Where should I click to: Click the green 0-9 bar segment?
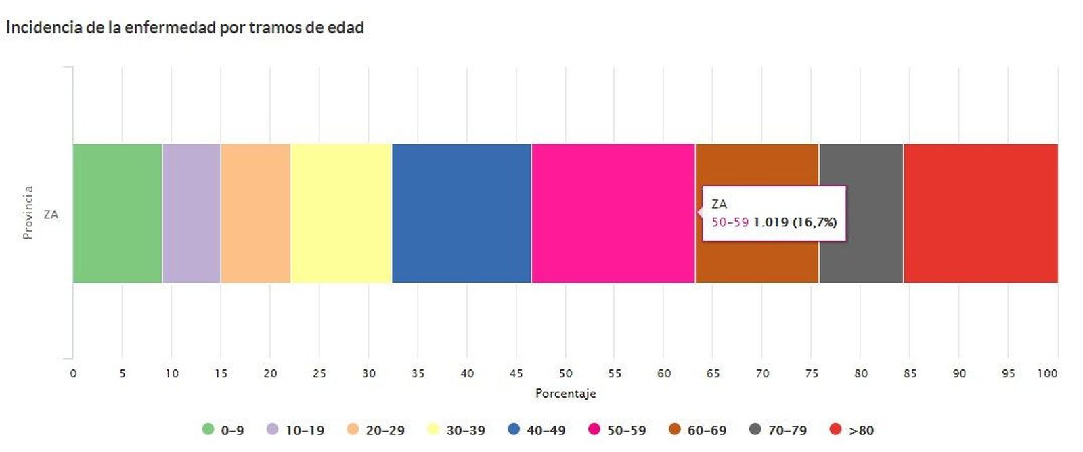[117, 213]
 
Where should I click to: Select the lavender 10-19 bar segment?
[191, 213]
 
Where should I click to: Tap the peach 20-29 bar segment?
[255, 213]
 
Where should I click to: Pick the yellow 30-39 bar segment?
[341, 213]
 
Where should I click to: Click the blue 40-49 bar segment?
[461, 213]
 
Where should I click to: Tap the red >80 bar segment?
[980, 213]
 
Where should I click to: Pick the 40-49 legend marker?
[514, 429]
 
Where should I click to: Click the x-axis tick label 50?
[565, 373]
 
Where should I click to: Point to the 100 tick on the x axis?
[1047, 373]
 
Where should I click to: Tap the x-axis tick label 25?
[319, 373]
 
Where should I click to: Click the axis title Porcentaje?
[565, 394]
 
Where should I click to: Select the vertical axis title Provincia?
[28, 212]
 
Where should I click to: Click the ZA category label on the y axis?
[51, 215]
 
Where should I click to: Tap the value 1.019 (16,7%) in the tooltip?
[795, 222]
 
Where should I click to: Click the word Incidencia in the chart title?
[44, 28]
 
